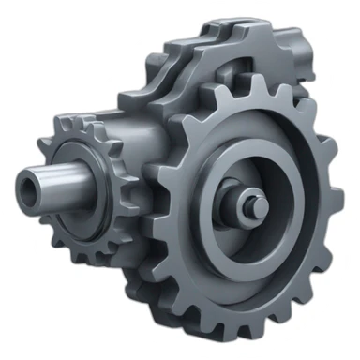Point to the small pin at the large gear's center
pos(251,203)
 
